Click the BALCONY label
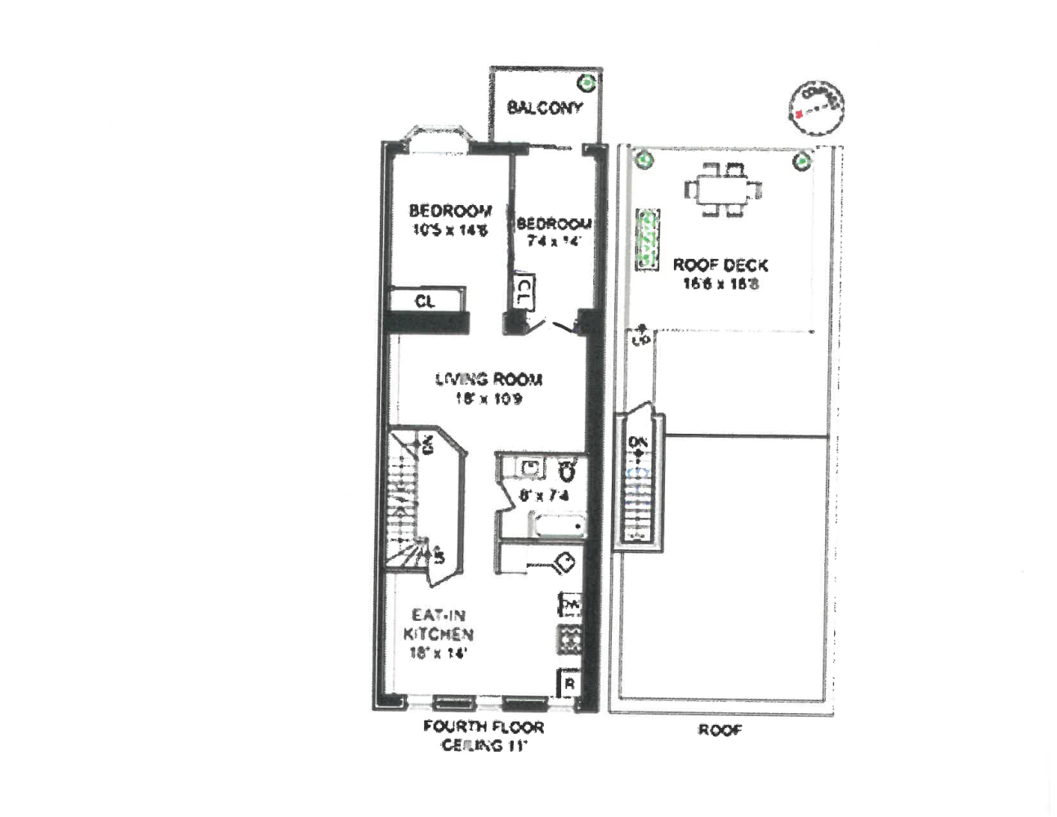tap(545, 108)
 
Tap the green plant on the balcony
tap(586, 83)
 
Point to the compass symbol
tap(816, 107)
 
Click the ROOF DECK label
tap(720, 265)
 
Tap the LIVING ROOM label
tap(488, 379)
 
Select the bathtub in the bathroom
tap(559, 525)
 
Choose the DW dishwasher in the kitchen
tap(570, 605)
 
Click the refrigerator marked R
tap(569, 683)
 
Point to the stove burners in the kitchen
tap(569, 639)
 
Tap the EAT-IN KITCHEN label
tap(439, 624)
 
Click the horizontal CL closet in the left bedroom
tap(426, 301)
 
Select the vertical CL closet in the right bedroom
tap(524, 292)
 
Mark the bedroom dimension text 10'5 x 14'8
tap(450, 230)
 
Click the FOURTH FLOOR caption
tap(484, 726)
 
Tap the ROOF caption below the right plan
tap(720, 730)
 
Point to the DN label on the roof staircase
tap(638, 443)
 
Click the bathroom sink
tap(531, 468)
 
